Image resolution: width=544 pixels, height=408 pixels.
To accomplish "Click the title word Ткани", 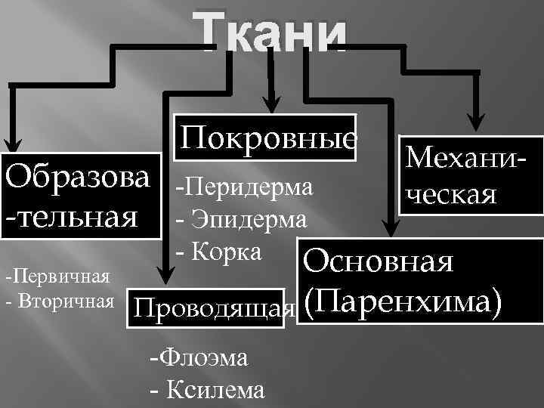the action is click(274, 35).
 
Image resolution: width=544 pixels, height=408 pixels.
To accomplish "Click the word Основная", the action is click(378, 261).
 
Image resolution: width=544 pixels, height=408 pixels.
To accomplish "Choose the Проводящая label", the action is click(212, 308).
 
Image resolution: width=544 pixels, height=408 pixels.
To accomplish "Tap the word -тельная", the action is click(73, 215).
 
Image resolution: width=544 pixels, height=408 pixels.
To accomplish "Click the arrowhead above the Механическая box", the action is click(476, 121).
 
